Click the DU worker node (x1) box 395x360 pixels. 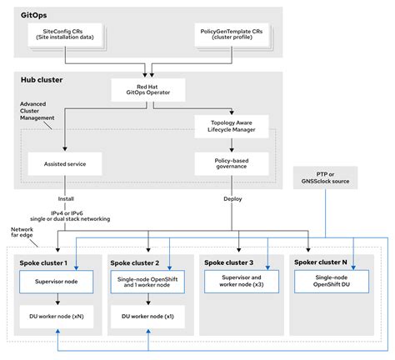(x=147, y=317)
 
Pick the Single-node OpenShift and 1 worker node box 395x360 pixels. (x=147, y=282)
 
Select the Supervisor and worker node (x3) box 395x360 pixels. (x=237, y=282)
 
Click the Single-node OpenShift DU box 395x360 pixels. (x=328, y=282)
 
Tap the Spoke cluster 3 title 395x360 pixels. (x=233, y=262)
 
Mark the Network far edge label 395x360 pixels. (x=22, y=232)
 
